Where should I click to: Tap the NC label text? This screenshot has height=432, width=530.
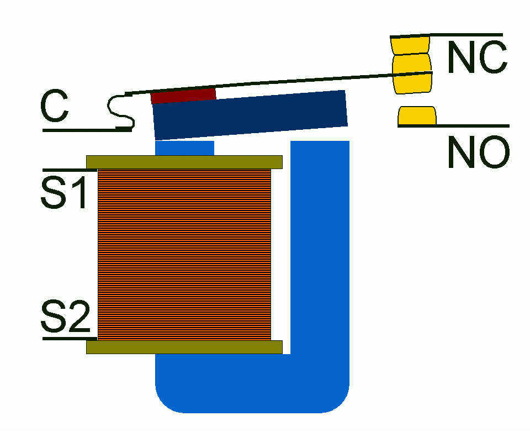[x=476, y=57]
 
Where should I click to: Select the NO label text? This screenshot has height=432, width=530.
[x=478, y=152]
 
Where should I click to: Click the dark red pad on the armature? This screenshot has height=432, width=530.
[x=183, y=96]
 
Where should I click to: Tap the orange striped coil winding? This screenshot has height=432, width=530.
[x=184, y=254]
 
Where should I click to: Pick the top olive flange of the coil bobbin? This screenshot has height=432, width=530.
[x=184, y=162]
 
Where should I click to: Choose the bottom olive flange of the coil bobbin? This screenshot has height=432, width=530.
[x=184, y=347]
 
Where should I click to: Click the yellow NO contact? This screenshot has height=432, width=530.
[x=417, y=116]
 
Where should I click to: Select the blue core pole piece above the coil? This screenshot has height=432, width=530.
[x=184, y=148]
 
